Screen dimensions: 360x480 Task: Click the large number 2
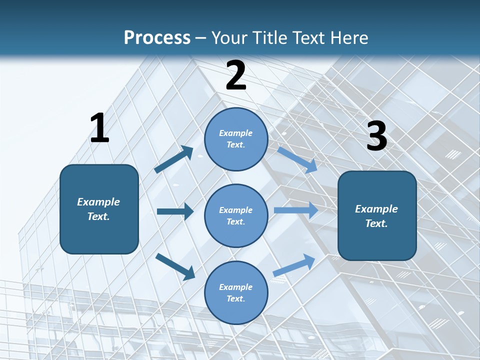click(x=236, y=75)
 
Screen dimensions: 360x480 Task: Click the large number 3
click(x=376, y=136)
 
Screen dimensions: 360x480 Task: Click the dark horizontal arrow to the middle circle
click(x=175, y=211)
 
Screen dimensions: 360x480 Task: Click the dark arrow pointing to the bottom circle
click(x=175, y=266)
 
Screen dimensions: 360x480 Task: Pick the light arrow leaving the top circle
click(x=297, y=159)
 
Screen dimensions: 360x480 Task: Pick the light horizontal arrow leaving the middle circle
click(x=295, y=210)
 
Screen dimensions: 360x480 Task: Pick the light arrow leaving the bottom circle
click(x=294, y=265)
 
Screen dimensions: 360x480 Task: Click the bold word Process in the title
click(x=157, y=37)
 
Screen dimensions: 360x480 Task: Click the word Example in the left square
click(x=98, y=202)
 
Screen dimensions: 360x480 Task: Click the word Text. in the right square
click(x=376, y=223)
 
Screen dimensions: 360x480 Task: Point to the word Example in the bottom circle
click(x=235, y=287)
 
